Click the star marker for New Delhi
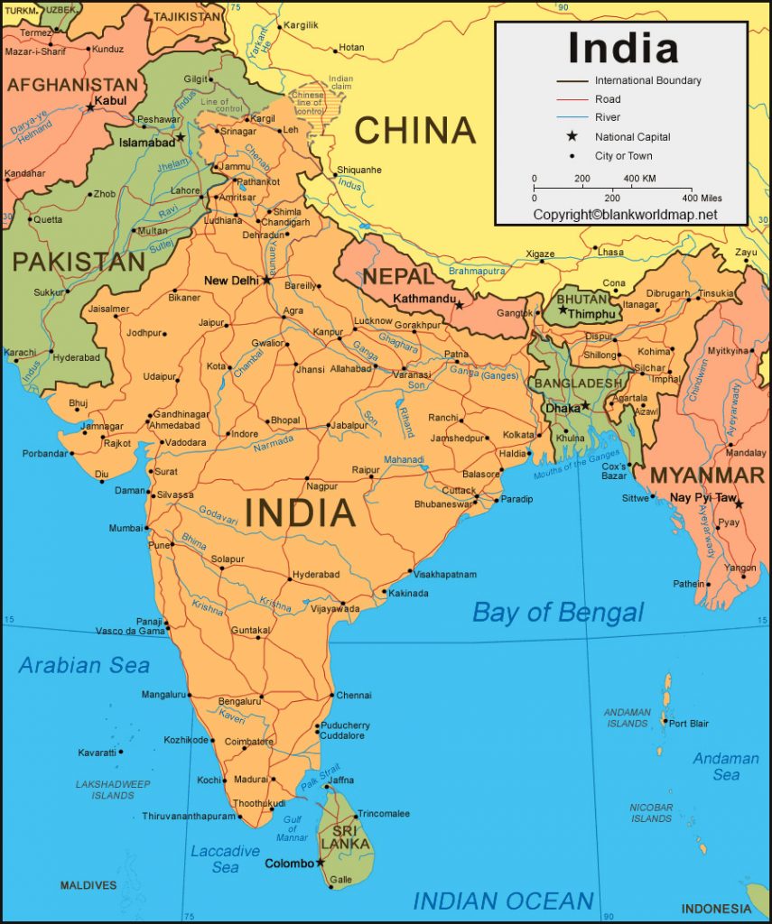click(x=266, y=280)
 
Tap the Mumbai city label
click(x=126, y=528)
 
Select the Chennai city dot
click(x=330, y=696)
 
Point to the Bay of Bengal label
click(x=558, y=613)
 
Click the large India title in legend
click(x=622, y=47)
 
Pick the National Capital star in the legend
click(x=572, y=137)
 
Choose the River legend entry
click(x=607, y=118)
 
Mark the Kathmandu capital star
click(x=459, y=306)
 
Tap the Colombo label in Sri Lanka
click(x=289, y=864)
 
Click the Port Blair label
click(x=689, y=723)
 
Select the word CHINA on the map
click(x=414, y=131)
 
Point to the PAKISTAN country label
click(x=79, y=262)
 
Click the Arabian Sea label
click(x=84, y=666)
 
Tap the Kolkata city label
click(x=519, y=434)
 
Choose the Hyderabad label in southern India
click(x=316, y=574)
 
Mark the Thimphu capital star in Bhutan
click(x=563, y=310)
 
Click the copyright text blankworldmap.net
click(x=625, y=215)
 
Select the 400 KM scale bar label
click(x=639, y=179)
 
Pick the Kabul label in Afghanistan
click(x=110, y=100)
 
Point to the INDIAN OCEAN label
click(x=503, y=900)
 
